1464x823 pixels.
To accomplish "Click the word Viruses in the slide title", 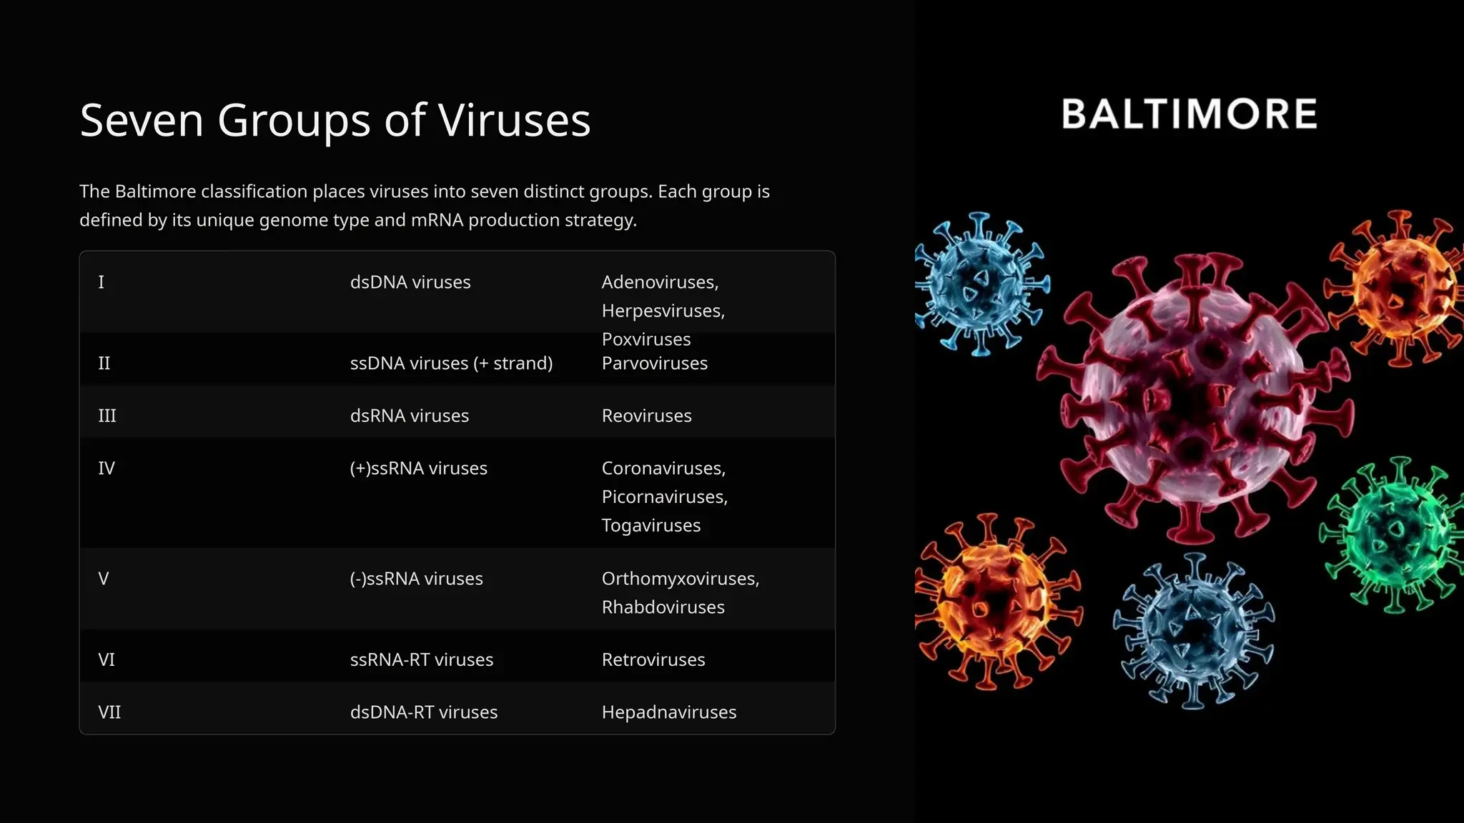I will coord(514,120).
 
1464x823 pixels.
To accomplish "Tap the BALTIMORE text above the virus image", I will coord(1189,114).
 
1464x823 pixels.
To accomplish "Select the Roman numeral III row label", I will coord(107,416).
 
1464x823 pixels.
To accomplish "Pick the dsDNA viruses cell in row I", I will coord(410,282).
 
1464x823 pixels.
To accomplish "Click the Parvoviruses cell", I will coord(654,364).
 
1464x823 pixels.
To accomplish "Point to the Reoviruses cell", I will coord(646,416).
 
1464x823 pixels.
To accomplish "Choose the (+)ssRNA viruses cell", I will coord(418,469).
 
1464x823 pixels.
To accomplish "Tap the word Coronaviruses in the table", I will coord(663,469).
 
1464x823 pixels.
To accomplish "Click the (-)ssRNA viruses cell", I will coord(416,579).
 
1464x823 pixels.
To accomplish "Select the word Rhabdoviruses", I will coord(663,607).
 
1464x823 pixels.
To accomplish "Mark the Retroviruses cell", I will coord(653,659).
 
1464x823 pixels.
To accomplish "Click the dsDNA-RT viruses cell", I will coord(423,712).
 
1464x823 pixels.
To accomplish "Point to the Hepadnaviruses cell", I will coord(668,712).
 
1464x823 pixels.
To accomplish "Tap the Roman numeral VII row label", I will coord(109,712).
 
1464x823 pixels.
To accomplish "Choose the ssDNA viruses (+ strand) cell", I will coord(451,364).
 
